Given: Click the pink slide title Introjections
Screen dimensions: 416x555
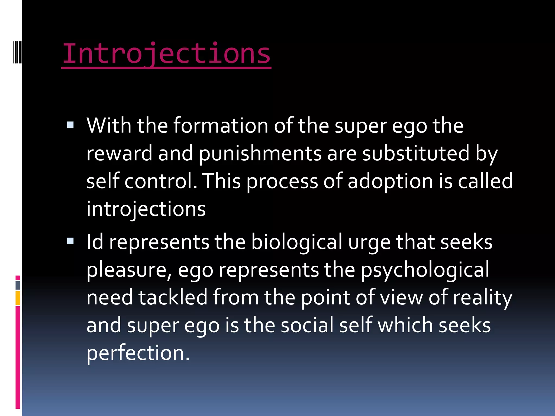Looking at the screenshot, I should [166, 54].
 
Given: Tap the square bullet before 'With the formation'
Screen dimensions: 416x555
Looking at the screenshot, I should [70, 125].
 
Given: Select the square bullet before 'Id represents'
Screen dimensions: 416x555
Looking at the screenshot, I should [70, 241].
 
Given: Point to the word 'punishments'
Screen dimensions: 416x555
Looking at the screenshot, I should [260, 154].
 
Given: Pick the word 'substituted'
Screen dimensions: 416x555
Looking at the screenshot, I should [415, 153].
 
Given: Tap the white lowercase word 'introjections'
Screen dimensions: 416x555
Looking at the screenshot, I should [146, 209].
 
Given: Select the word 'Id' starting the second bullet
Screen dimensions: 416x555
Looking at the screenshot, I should [95, 242].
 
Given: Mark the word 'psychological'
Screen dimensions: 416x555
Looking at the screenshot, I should [425, 270].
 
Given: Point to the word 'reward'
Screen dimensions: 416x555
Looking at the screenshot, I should [120, 153].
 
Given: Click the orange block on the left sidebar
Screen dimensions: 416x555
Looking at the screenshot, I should [18, 298].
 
